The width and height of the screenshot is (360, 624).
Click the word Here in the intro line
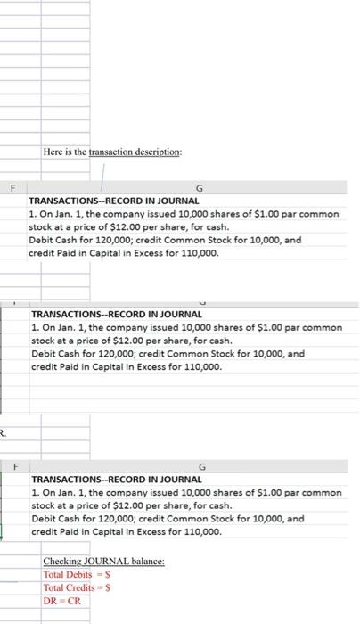(53, 152)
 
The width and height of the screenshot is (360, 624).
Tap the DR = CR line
(61, 602)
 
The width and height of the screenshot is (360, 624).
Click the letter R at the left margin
(3, 433)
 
